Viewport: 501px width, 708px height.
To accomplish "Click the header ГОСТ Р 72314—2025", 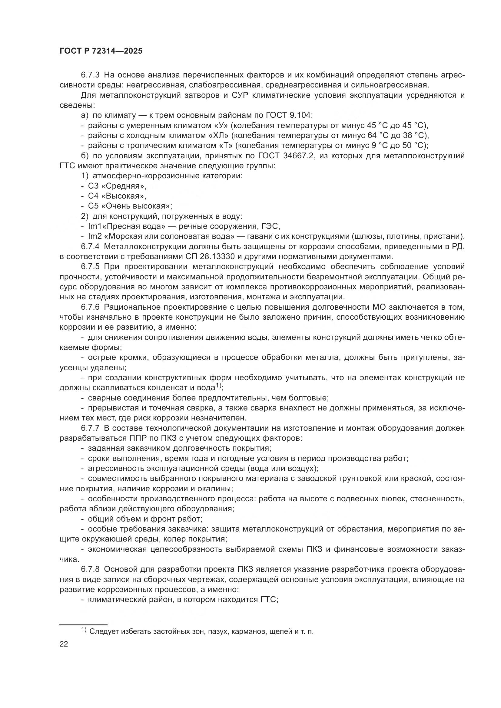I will click(101, 51).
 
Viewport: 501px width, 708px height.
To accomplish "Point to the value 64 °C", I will click(380, 136).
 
